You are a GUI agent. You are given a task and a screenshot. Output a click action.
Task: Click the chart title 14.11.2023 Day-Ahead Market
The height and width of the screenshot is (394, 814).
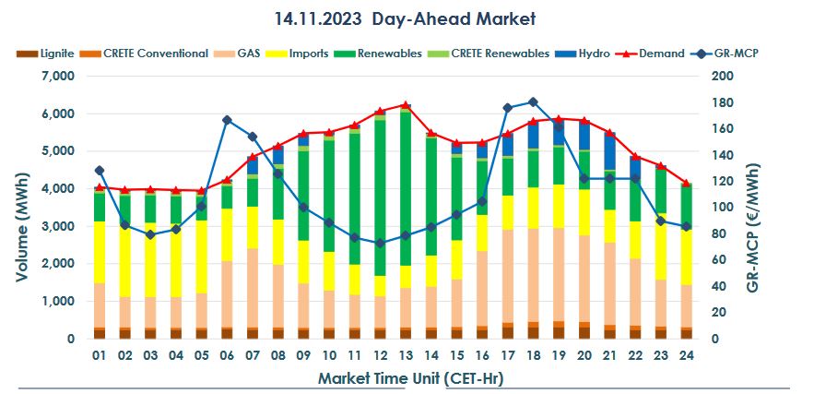(x=405, y=18)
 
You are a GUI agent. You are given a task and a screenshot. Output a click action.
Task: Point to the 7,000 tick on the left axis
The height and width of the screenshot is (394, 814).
(x=57, y=77)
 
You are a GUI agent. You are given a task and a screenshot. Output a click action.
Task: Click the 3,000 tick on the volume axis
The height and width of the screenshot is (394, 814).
(x=57, y=227)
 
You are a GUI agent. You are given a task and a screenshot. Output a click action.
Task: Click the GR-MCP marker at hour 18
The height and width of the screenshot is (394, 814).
(x=533, y=101)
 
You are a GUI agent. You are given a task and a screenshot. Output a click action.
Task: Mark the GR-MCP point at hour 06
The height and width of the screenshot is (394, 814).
(x=227, y=120)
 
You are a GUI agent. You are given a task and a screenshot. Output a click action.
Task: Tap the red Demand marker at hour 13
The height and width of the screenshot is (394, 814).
(x=406, y=105)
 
